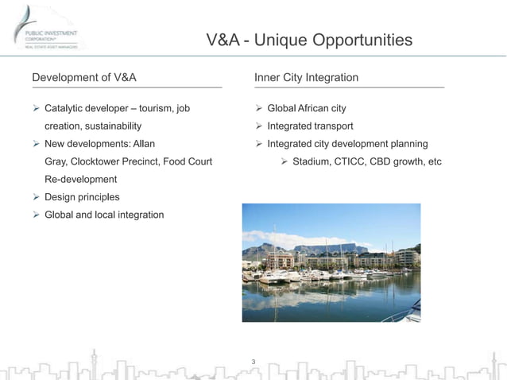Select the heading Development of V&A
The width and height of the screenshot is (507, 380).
pos(83,77)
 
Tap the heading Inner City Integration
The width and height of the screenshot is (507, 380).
pos(306,77)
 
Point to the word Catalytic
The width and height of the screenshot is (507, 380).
pos(66,108)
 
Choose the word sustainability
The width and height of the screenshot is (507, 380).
pos(105,126)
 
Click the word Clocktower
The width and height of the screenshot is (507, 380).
pos(99,161)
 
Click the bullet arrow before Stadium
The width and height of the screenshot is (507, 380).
pos(284,161)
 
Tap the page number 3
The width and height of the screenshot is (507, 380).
pos(253,363)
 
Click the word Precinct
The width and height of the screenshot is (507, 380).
pos(144,161)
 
